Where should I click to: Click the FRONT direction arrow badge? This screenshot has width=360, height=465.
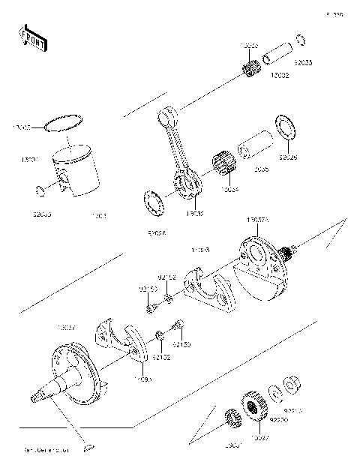(x=30, y=37)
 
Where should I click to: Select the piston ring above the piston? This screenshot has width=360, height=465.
(x=63, y=124)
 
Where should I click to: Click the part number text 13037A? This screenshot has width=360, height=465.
(x=258, y=220)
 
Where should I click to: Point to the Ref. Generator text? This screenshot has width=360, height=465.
(x=46, y=450)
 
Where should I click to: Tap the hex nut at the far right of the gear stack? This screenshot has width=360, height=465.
(x=298, y=384)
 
